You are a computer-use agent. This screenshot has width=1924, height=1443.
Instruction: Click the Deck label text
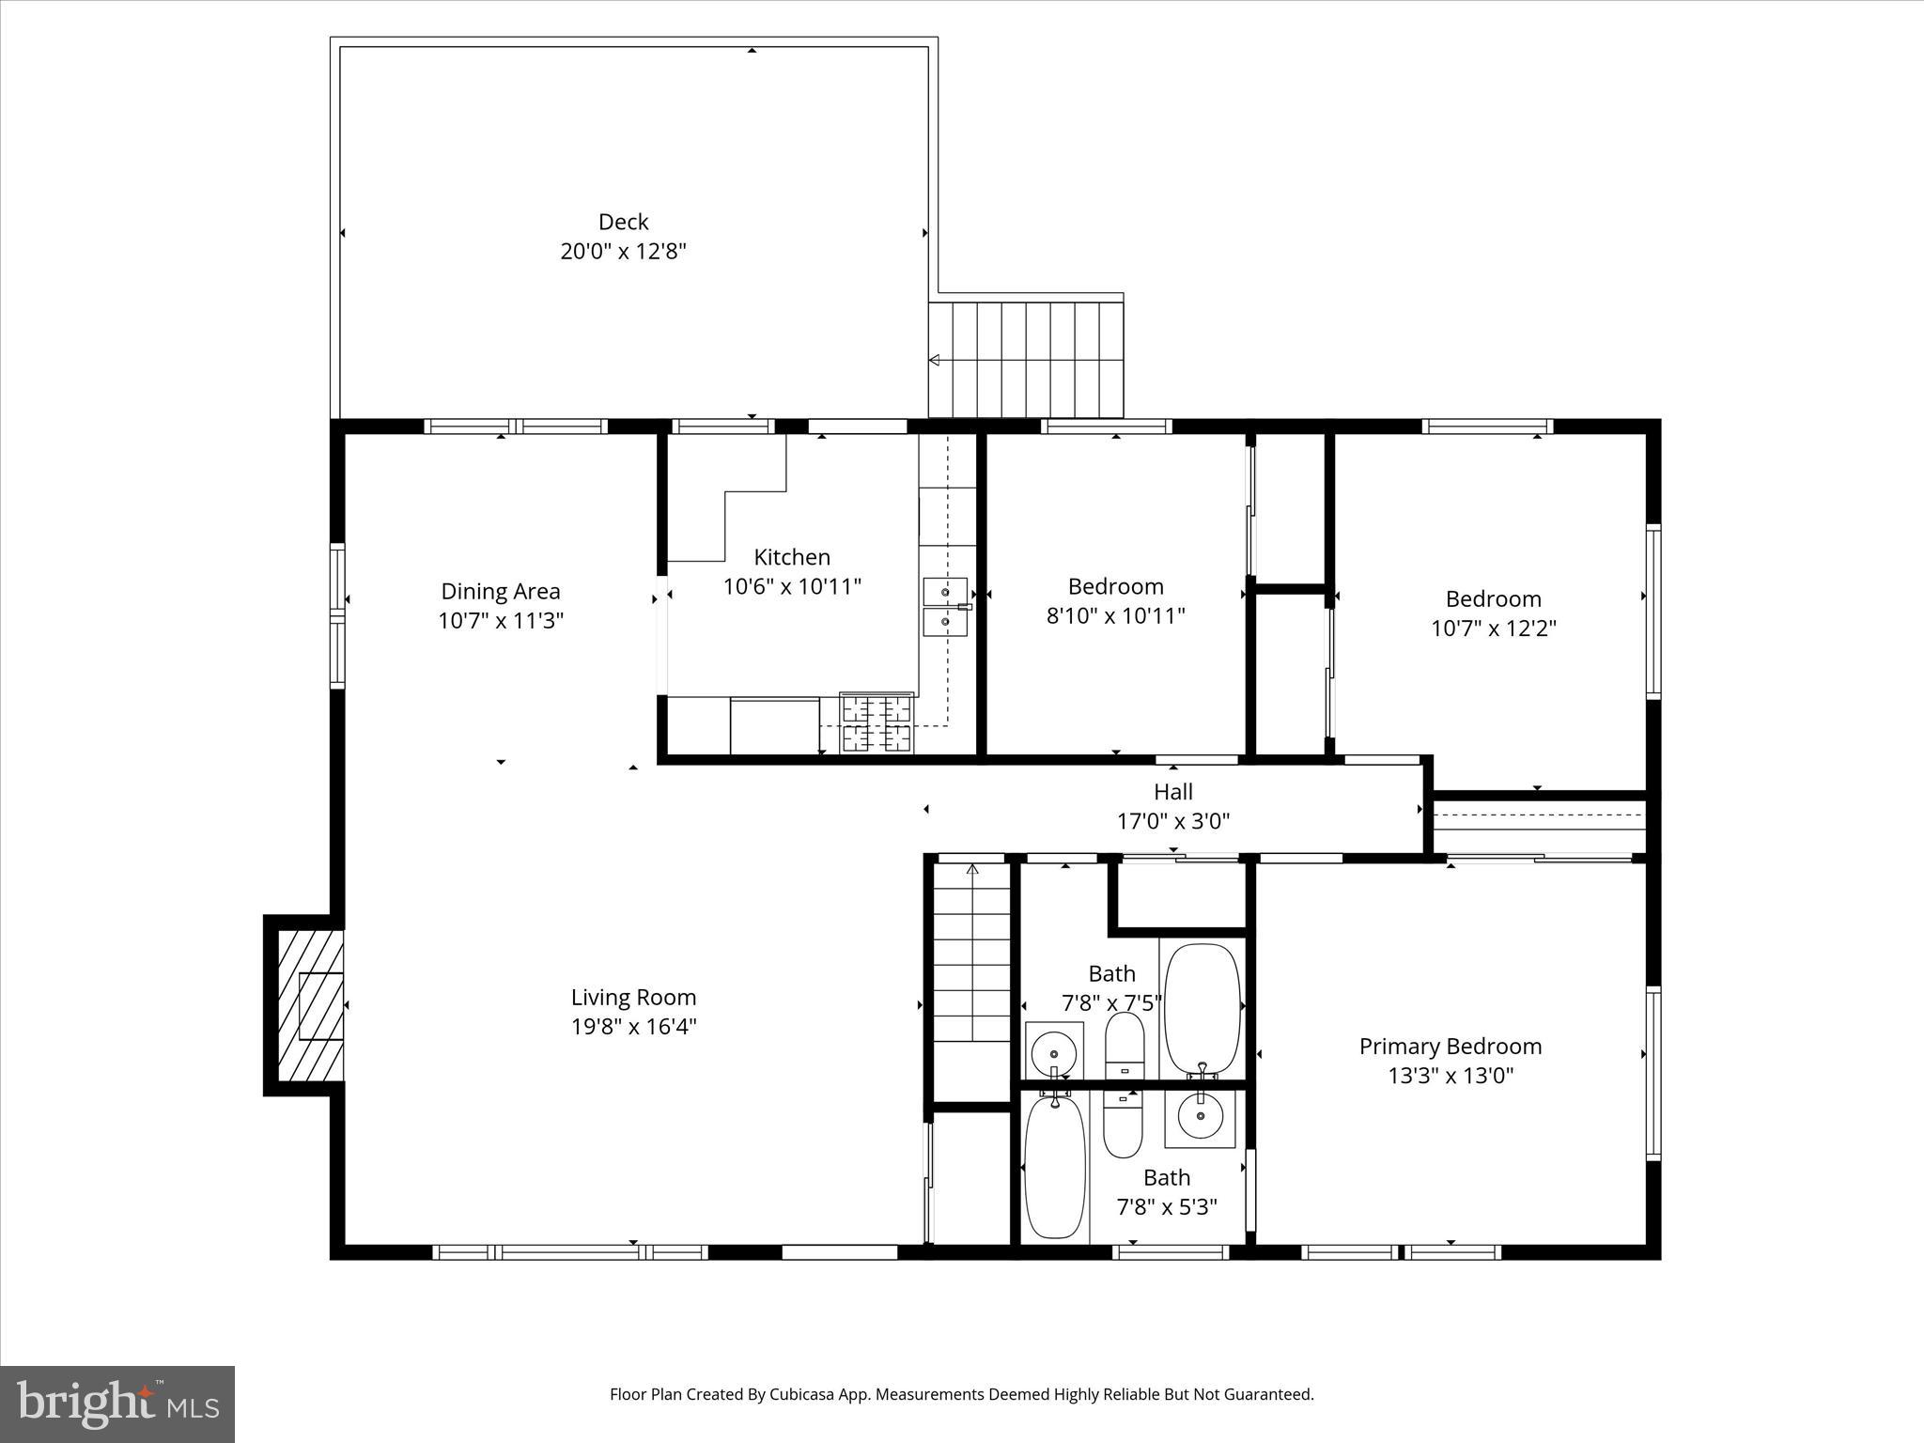coord(623,222)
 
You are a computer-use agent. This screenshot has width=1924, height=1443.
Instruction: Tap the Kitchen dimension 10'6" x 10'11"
coord(791,587)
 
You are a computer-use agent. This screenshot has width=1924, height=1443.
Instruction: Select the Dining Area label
coord(500,592)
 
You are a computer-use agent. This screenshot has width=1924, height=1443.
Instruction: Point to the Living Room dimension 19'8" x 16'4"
coord(633,1027)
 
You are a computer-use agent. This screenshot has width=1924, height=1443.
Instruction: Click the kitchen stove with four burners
coord(877,722)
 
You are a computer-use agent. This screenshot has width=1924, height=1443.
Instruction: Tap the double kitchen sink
coord(945,607)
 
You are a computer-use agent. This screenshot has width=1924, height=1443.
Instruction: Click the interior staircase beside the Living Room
coord(971,954)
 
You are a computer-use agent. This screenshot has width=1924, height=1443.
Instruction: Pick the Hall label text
coord(1172,792)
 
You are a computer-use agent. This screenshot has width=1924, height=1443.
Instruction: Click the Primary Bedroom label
coord(1450,1047)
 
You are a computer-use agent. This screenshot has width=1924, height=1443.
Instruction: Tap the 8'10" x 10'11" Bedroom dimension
coord(1115,616)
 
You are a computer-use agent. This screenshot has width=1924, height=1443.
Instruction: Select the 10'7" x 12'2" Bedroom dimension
coord(1493,628)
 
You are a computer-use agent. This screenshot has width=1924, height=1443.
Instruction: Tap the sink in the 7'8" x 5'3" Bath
coord(1200,1117)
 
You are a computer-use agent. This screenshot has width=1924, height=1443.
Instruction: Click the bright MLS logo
coord(117,1404)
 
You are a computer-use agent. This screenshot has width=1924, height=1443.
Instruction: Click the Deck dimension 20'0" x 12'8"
coord(623,252)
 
